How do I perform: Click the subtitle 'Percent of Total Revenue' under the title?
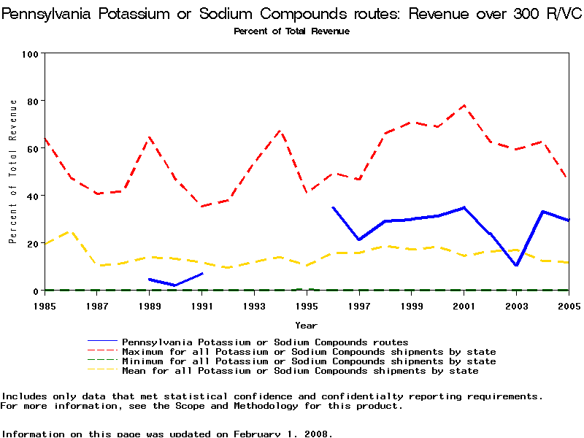click(x=291, y=31)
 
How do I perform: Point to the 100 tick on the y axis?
click(x=31, y=54)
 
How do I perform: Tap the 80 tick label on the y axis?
click(x=33, y=101)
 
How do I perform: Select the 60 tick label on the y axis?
click(x=33, y=148)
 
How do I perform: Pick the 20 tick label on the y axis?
click(x=33, y=243)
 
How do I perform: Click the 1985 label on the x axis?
click(x=45, y=305)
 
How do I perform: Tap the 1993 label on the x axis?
click(x=254, y=305)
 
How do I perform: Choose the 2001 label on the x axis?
click(x=464, y=305)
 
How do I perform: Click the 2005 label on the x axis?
click(x=568, y=305)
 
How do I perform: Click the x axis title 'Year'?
click(x=306, y=325)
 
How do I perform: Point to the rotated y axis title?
click(x=13, y=180)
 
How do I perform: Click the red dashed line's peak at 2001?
click(x=464, y=105)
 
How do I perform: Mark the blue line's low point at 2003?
click(x=516, y=265)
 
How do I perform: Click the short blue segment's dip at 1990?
click(x=175, y=285)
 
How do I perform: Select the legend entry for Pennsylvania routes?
click(x=264, y=342)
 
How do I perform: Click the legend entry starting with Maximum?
click(x=308, y=351)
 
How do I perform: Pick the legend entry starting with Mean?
click(x=299, y=370)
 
